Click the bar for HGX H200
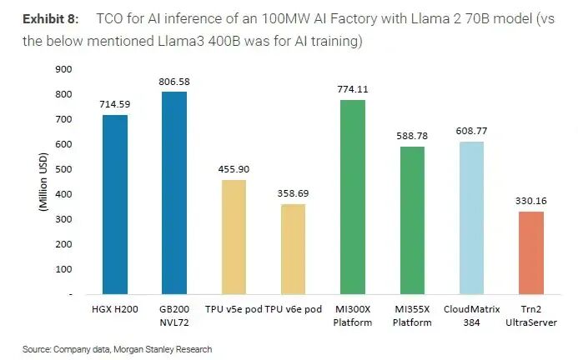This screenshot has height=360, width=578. tap(114, 204)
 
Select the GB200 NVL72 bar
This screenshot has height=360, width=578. tap(174, 192)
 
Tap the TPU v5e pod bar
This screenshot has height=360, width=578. tap(234, 237)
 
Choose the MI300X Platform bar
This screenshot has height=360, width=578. tap(353, 197)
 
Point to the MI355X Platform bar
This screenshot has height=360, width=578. tap(412, 220)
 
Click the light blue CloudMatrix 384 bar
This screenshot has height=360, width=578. tap(471, 217)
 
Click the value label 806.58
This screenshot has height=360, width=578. tap(174, 82)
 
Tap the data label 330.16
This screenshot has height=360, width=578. tap(530, 201)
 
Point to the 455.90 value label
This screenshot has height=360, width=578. tap(234, 169)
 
